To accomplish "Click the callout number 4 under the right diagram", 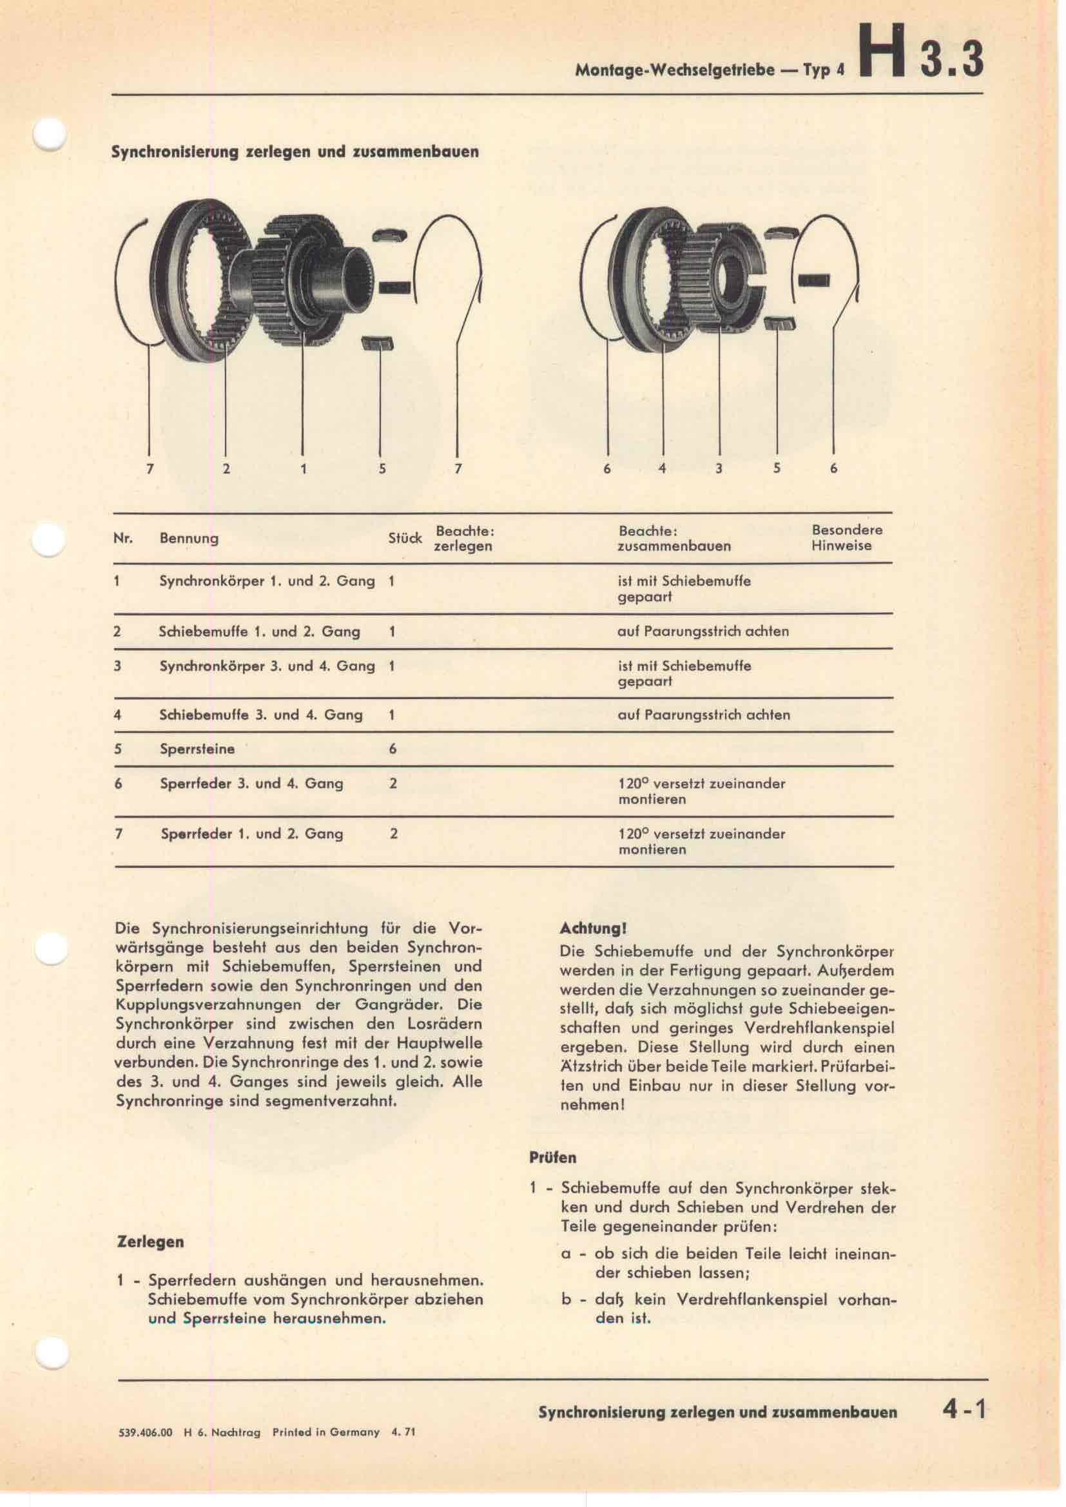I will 663,468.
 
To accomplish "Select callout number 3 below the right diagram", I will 719,468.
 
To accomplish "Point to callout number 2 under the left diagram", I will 226,468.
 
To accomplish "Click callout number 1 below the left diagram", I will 304,468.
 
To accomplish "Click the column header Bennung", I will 189,538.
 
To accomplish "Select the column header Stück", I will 404,538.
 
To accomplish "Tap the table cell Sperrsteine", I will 197,749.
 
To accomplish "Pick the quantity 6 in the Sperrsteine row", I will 392,749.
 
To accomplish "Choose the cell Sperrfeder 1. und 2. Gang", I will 251,834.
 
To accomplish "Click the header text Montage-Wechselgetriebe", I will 674,71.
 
